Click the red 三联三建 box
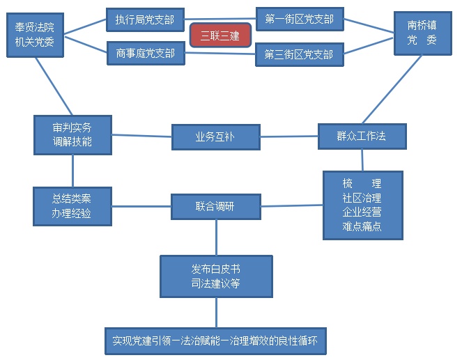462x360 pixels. tap(220, 36)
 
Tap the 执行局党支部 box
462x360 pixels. tap(145, 20)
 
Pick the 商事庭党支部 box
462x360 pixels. tap(145, 54)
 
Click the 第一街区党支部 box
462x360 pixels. tap(300, 19)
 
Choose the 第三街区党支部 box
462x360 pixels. tap(300, 54)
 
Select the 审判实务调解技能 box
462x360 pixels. tap(72, 135)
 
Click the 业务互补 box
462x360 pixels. tap(215, 137)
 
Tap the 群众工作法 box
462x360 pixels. tap(362, 136)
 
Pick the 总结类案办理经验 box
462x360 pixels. tap(72, 205)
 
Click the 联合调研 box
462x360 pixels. tap(216, 207)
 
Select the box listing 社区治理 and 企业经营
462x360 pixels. tap(362, 205)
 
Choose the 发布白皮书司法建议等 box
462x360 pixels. tap(216, 276)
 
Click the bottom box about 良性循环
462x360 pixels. tap(216, 341)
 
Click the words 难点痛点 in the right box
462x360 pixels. tap(362, 227)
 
